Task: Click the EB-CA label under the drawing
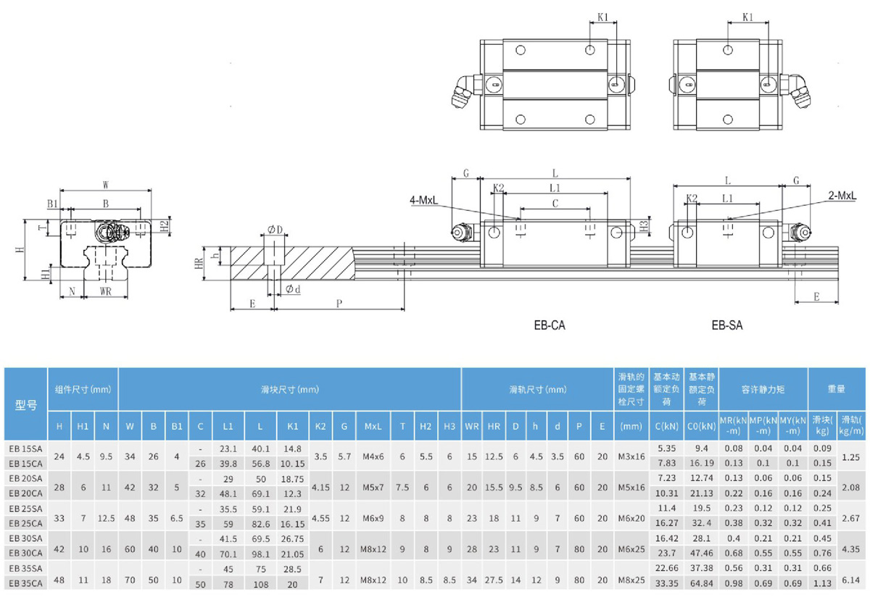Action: (x=549, y=325)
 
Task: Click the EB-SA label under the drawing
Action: (x=727, y=325)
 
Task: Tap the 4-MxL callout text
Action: (x=423, y=200)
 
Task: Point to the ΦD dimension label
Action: (x=275, y=230)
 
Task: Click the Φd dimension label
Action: (x=293, y=288)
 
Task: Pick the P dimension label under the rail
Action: (x=339, y=304)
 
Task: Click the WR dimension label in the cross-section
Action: (x=105, y=291)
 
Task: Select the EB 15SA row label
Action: (x=25, y=448)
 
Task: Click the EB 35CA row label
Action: (x=25, y=582)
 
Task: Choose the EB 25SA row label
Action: (x=25, y=508)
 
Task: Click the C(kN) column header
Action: (x=666, y=426)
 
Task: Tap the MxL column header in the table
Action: (x=370, y=426)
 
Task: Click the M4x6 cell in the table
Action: (x=370, y=456)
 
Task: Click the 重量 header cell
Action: (x=837, y=389)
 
